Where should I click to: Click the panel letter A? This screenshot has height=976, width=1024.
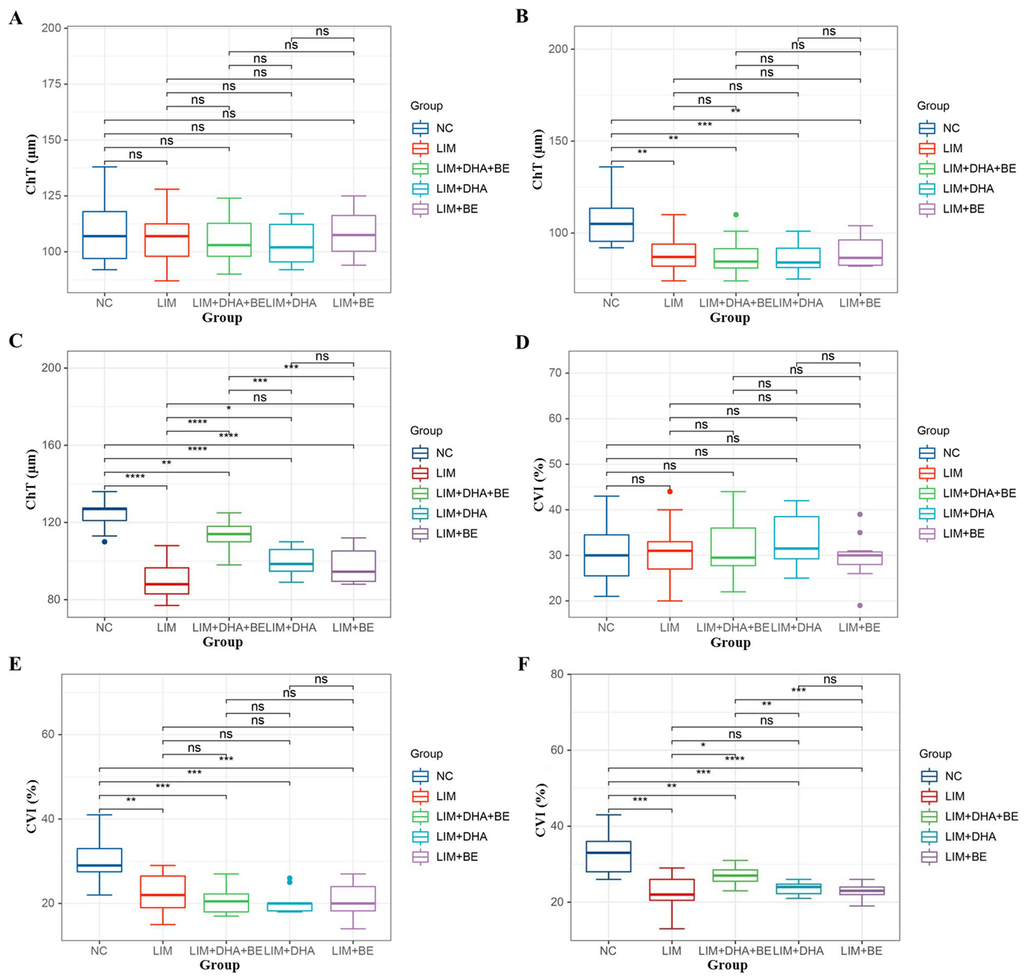click(x=15, y=18)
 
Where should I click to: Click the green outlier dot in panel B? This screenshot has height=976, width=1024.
click(x=736, y=215)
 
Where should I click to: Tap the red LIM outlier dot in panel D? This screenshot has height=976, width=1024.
click(x=670, y=491)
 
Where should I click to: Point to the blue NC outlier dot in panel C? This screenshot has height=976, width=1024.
click(x=104, y=541)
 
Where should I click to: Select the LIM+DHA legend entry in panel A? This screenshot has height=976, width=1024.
click(x=461, y=189)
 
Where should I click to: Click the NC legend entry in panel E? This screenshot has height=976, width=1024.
click(x=444, y=776)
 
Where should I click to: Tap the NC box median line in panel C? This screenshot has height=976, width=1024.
click(x=104, y=509)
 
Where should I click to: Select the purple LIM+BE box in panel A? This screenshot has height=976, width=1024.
click(x=354, y=233)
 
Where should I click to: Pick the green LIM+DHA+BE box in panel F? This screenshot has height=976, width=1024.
click(x=735, y=875)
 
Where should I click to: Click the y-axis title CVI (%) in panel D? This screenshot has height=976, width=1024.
click(x=540, y=485)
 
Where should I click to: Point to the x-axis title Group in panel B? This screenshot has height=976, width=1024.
click(x=729, y=318)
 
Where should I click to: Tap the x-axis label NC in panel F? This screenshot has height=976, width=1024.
click(x=608, y=951)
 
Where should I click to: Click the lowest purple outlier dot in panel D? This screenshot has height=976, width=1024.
click(x=860, y=605)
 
